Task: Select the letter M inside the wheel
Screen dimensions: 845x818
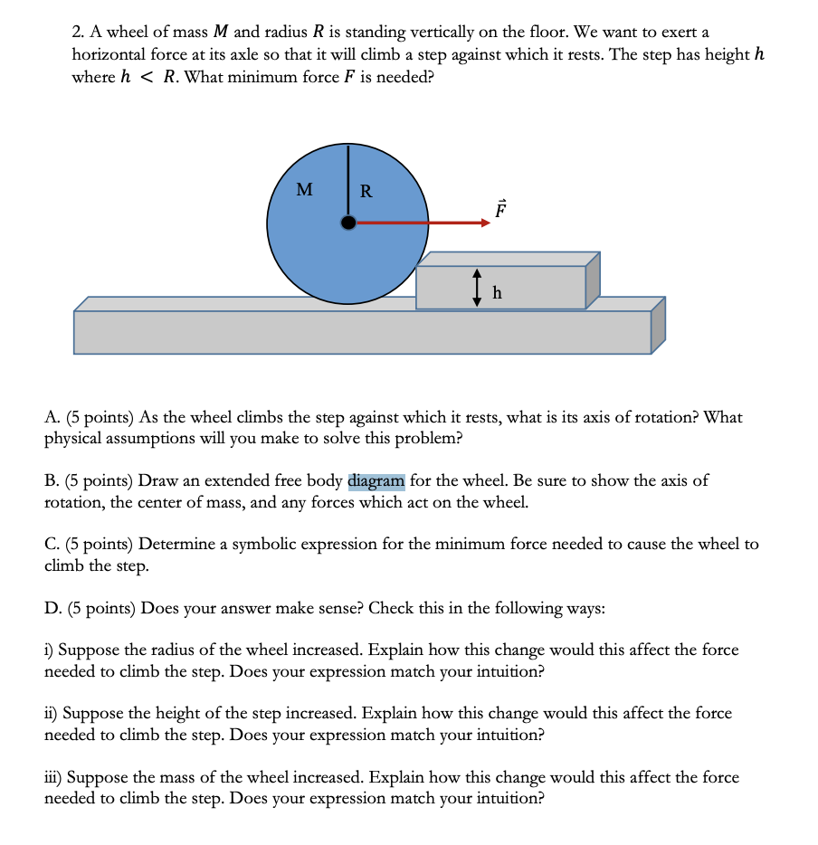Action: (x=305, y=190)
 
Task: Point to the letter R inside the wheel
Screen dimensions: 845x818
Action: (x=366, y=191)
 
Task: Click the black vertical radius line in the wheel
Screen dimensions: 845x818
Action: (x=347, y=181)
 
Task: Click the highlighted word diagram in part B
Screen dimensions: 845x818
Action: (x=376, y=480)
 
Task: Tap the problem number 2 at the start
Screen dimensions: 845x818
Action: (x=77, y=33)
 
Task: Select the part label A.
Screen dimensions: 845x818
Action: (x=51, y=417)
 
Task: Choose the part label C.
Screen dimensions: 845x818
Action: (x=51, y=544)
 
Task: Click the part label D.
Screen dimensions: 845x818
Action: (x=52, y=607)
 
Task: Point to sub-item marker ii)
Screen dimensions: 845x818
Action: (x=52, y=713)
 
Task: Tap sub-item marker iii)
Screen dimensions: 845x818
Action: (x=53, y=777)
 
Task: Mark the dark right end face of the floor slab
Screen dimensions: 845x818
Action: (x=658, y=325)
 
